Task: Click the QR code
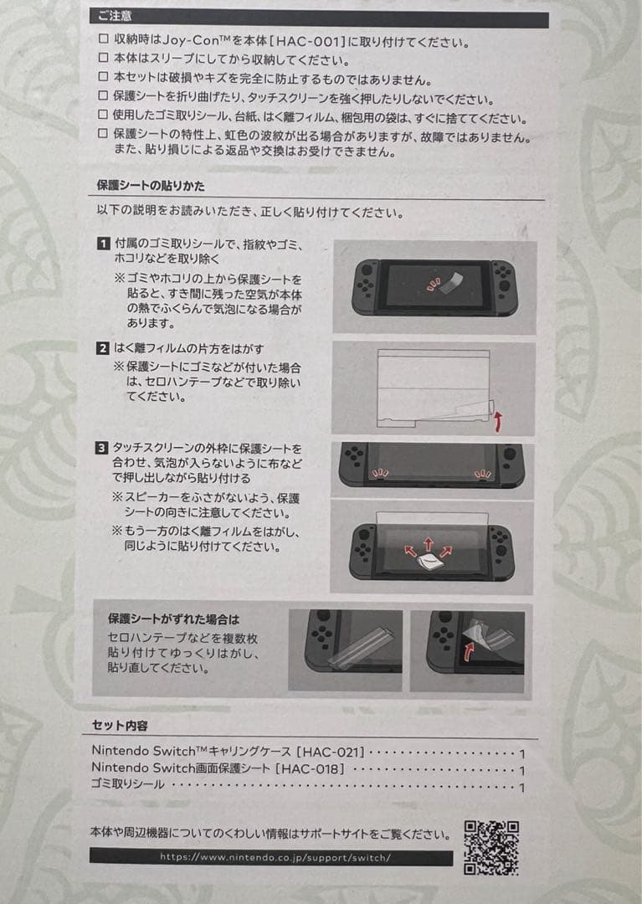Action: pos(491,847)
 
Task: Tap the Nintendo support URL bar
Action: pos(271,857)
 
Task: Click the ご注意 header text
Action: pos(115,16)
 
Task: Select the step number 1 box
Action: pos(103,244)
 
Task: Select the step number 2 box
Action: pos(102,348)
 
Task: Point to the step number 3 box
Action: pos(101,448)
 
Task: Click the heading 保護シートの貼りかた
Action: pos(151,186)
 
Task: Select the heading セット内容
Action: pos(120,725)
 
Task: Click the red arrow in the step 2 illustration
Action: pos(499,422)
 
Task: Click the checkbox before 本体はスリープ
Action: pos(103,58)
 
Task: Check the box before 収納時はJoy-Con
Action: pos(103,39)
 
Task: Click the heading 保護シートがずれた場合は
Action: pos(173,619)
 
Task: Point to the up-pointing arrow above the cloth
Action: pos(429,544)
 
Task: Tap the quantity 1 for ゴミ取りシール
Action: pos(522,788)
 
